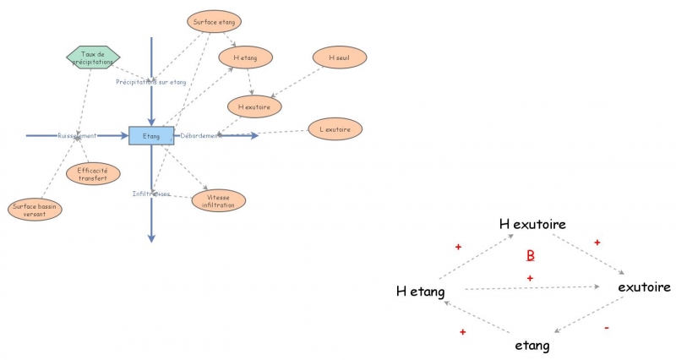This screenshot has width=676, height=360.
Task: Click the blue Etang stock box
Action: (x=151, y=135)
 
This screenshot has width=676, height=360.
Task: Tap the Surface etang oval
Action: (x=214, y=20)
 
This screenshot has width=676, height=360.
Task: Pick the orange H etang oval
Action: (x=245, y=57)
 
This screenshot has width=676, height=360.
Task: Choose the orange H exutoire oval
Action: (x=253, y=106)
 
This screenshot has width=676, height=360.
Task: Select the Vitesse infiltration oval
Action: (x=219, y=200)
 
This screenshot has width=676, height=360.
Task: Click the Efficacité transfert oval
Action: (x=93, y=173)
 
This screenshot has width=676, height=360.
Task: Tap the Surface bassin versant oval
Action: (x=35, y=210)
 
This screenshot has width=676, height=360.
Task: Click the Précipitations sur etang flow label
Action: (x=150, y=82)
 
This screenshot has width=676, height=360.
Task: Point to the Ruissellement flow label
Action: (x=77, y=135)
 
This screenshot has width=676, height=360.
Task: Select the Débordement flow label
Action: (x=201, y=135)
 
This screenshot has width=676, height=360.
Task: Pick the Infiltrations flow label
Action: (x=151, y=194)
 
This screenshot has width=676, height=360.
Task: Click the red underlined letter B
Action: (x=531, y=255)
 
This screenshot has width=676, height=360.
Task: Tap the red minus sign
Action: (x=607, y=327)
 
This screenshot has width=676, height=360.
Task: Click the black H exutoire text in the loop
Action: (x=532, y=225)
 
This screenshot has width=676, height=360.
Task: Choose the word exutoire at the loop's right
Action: (x=644, y=287)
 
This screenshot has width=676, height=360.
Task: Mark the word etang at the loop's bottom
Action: (x=532, y=346)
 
